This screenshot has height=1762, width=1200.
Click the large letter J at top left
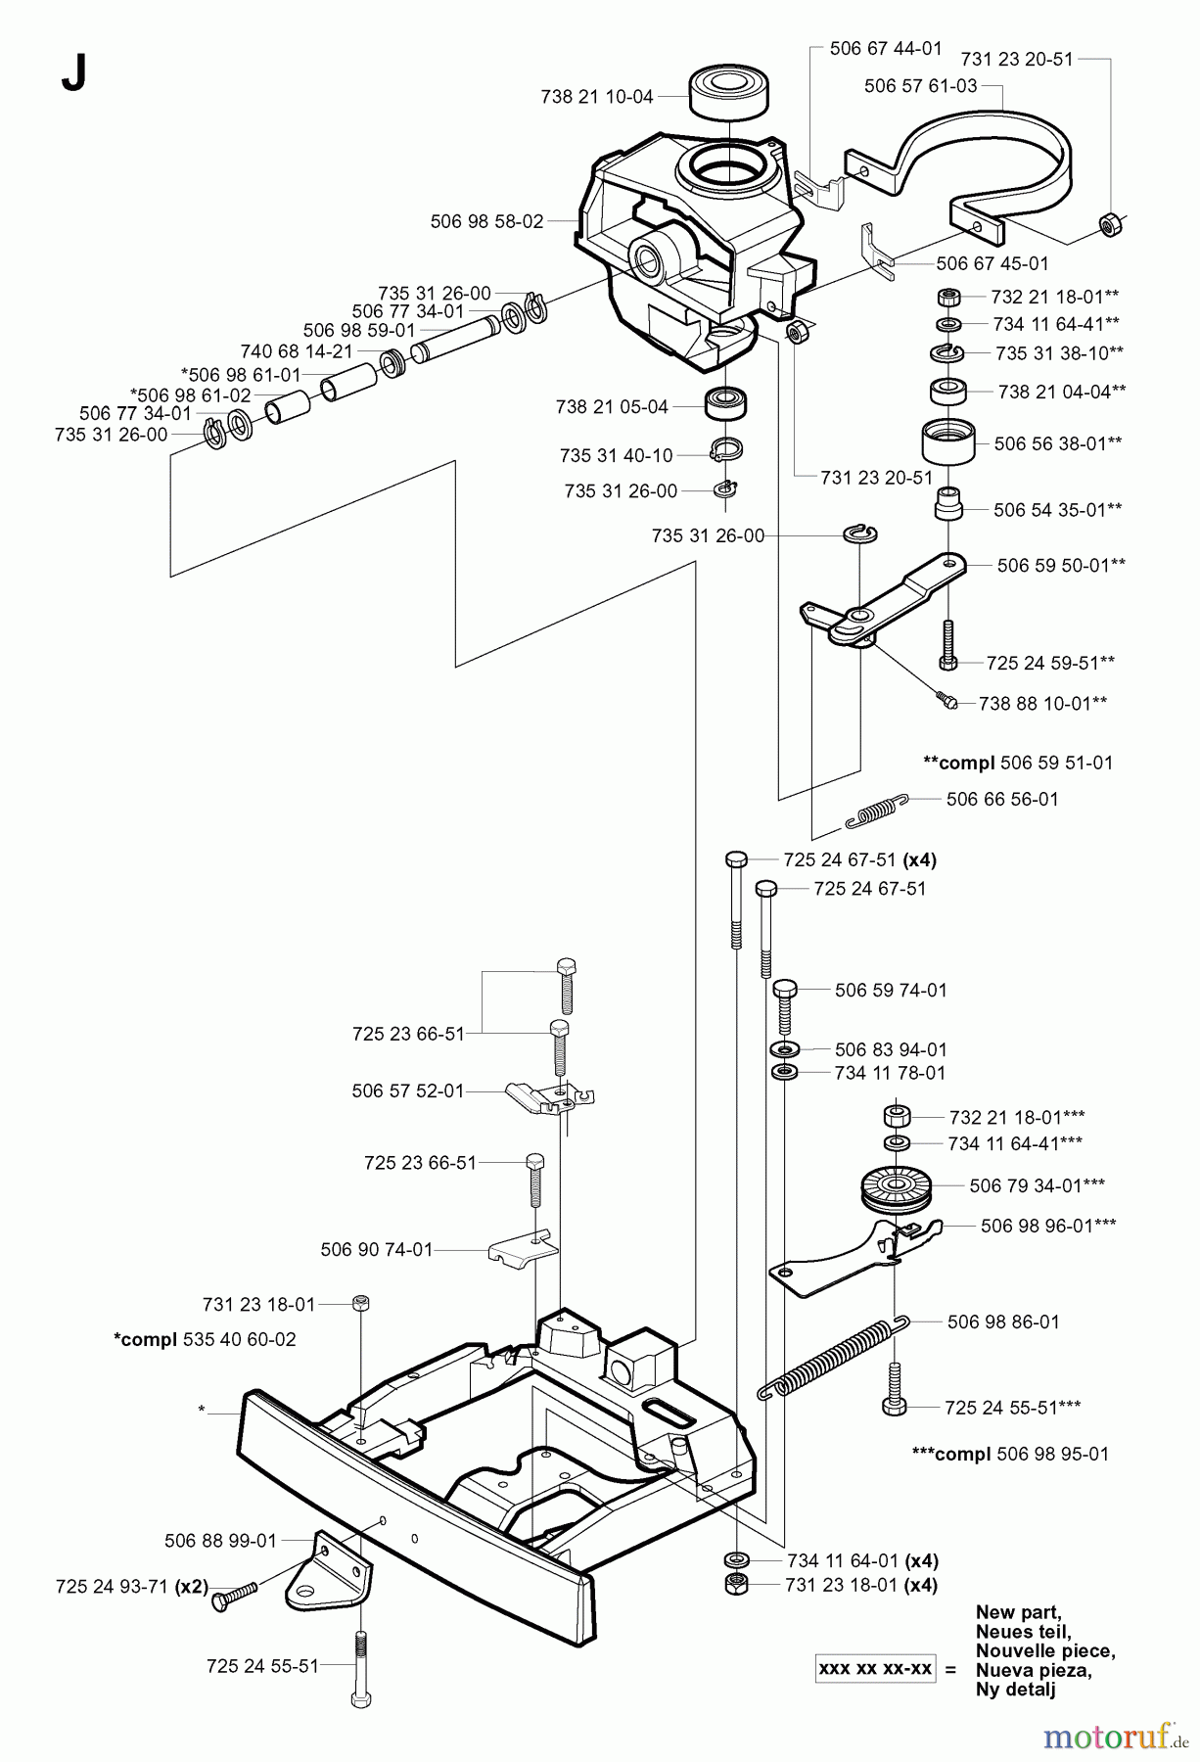tap(73, 73)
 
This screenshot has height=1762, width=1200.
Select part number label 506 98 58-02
tap(486, 222)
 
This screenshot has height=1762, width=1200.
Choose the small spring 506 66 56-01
tap(876, 809)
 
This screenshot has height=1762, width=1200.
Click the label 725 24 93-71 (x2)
tap(132, 1587)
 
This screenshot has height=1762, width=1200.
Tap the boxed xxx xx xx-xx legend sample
tap(875, 1669)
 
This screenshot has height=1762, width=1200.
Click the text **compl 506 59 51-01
tap(1018, 763)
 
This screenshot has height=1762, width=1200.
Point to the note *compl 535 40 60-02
tap(205, 1339)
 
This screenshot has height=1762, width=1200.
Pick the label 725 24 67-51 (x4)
tap(859, 860)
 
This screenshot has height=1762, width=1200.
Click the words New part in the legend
tap(1018, 1612)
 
